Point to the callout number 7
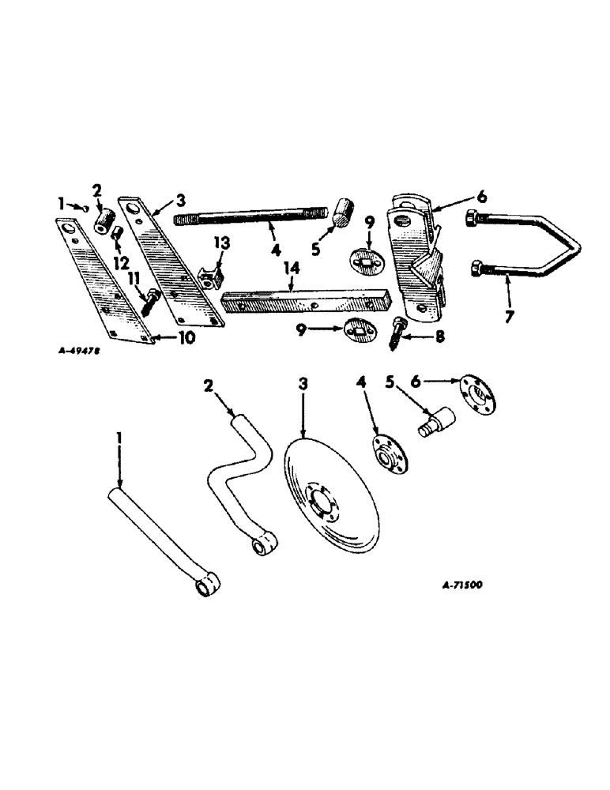509,317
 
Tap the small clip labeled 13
211,275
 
